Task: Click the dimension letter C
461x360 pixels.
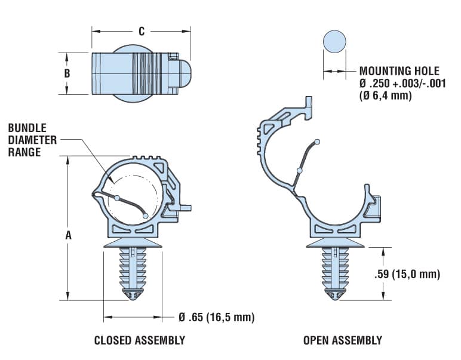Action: pos(141,32)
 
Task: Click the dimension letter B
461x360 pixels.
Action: pos(67,73)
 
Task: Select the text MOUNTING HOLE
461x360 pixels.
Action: pos(399,71)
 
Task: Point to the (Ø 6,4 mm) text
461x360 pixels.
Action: pos(385,96)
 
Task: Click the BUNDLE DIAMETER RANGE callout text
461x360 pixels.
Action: pos(33,140)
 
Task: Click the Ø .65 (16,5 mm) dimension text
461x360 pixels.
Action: pos(216,317)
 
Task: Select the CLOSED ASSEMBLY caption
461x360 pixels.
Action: pos(139,340)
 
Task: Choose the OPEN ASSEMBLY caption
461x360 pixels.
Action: pos(342,340)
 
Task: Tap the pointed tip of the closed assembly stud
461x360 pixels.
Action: pos(134,297)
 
